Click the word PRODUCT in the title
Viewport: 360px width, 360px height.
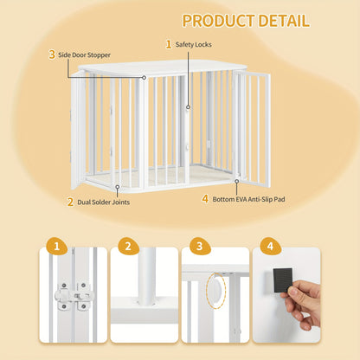pyautogui.click(x=218, y=21)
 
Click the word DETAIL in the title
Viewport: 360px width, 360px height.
pyautogui.click(x=284, y=21)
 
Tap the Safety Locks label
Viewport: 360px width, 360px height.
pyautogui.click(x=194, y=44)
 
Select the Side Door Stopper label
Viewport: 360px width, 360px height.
pyautogui.click(x=84, y=55)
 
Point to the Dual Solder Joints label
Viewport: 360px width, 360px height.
pyautogui.click(x=103, y=202)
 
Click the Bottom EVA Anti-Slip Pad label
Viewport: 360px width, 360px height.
pyautogui.click(x=248, y=199)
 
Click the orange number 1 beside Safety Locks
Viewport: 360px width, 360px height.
pyautogui.click(x=169, y=44)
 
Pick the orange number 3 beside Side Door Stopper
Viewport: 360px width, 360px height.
pyautogui.click(x=52, y=55)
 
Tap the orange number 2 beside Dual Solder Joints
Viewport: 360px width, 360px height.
pyautogui.click(x=70, y=202)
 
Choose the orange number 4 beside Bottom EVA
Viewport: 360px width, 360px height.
pyautogui.click(x=205, y=199)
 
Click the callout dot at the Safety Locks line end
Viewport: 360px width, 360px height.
pyautogui.click(x=188, y=107)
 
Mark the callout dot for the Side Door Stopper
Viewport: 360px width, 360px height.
pyautogui.click(x=144, y=78)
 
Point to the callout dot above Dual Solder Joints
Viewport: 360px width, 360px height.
pyautogui.click(x=118, y=187)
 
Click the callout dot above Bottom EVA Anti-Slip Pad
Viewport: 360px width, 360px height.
pyautogui.click(x=236, y=181)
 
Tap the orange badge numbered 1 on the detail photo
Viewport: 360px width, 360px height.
pyautogui.click(x=57, y=246)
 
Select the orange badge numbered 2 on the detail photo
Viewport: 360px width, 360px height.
pyautogui.click(x=128, y=246)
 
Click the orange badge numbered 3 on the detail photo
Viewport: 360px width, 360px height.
pyautogui.click(x=200, y=246)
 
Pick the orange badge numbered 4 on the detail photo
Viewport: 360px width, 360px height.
pyautogui.click(x=270, y=246)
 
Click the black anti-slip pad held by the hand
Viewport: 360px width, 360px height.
pyautogui.click(x=283, y=280)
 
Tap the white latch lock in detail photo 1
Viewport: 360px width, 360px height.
pyautogui.click(x=74, y=296)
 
